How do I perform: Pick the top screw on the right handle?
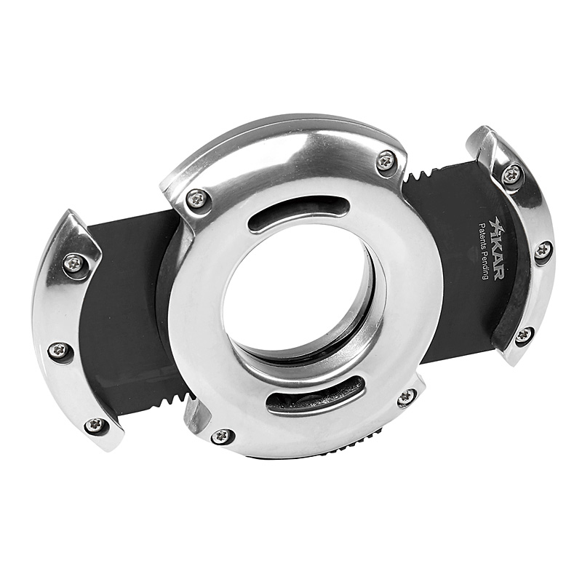tap(512, 173)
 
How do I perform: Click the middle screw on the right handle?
tap(542, 250)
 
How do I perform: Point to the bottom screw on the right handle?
tap(524, 335)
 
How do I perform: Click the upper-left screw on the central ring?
tap(196, 199)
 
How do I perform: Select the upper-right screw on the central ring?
tap(386, 161)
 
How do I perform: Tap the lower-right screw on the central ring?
tap(407, 396)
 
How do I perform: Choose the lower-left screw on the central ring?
tap(223, 436)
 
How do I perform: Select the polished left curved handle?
tap(55, 313)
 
